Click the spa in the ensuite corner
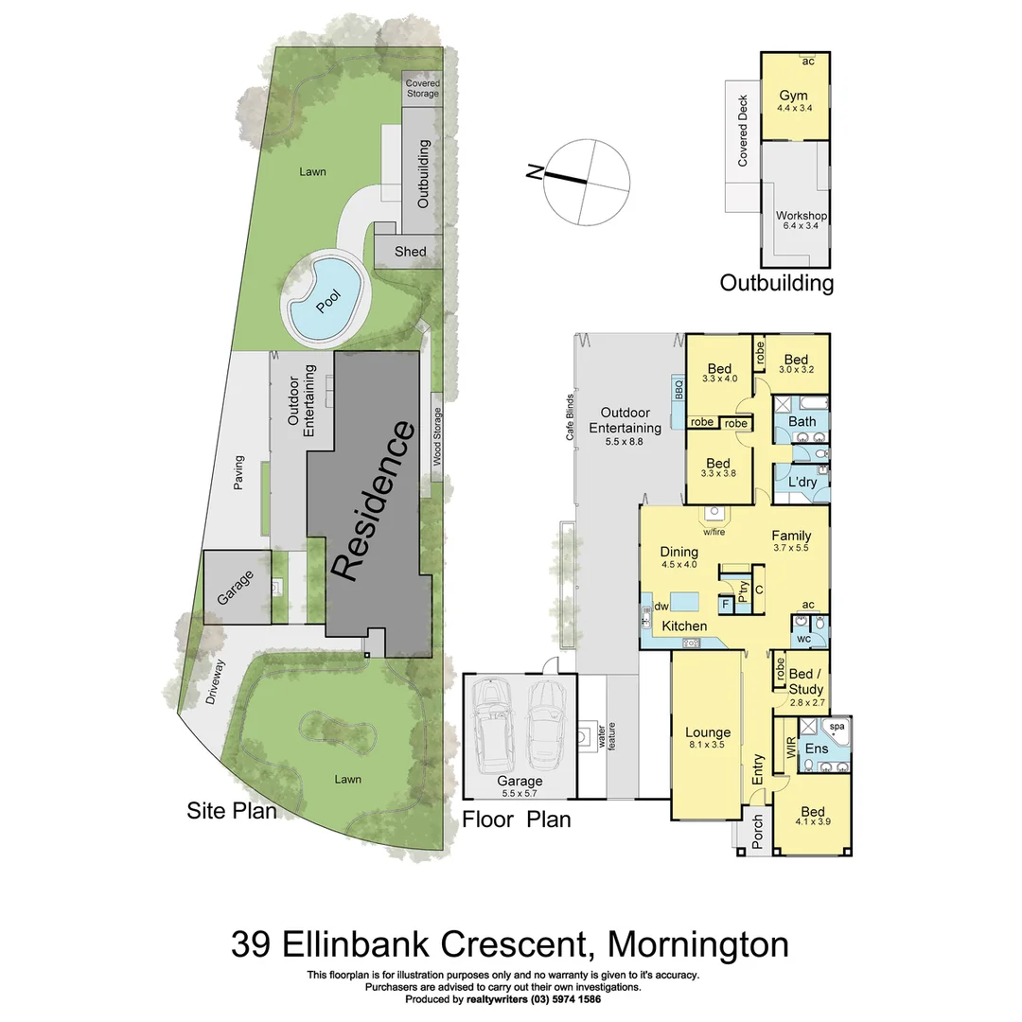(837, 727)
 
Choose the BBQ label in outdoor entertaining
(678, 388)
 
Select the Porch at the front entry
(756, 830)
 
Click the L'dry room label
(802, 483)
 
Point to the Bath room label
(802, 421)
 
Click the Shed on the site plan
(410, 252)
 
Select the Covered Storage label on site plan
(422, 88)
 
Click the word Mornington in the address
(697, 943)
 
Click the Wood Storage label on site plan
(437, 437)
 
